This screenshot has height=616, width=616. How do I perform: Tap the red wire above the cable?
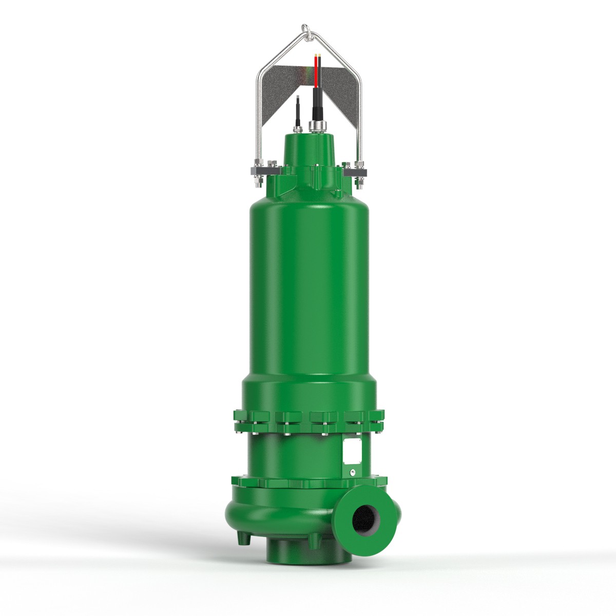click(316, 72)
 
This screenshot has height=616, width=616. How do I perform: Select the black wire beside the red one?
click(320, 72)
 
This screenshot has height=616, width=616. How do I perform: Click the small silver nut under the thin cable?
click(297, 128)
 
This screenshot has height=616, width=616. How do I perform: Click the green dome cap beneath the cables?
click(310, 149)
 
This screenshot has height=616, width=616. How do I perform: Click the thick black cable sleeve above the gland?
click(316, 103)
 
